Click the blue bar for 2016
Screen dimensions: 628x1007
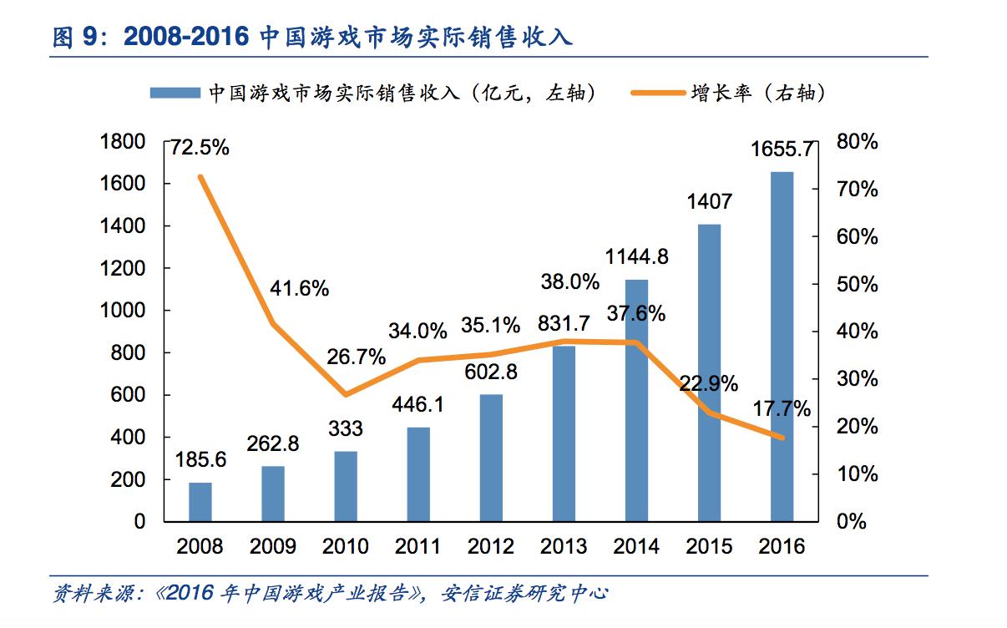coord(782,347)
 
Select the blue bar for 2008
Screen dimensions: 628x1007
coord(200,501)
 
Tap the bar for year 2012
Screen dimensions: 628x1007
coord(491,458)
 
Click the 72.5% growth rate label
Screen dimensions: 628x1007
coord(200,149)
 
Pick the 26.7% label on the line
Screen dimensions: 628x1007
coord(357,357)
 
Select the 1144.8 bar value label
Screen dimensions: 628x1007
coord(636,256)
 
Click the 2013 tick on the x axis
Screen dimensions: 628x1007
coord(564,547)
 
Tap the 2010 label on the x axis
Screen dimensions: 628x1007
coord(345,547)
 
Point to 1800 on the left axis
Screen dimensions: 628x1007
coord(122,142)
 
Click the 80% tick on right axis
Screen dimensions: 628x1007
coord(858,142)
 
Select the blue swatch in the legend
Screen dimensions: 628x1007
coord(174,93)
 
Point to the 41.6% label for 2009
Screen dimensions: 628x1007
coord(299,289)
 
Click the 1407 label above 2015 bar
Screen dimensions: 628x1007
coord(709,201)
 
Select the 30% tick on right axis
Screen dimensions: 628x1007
coord(858,379)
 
